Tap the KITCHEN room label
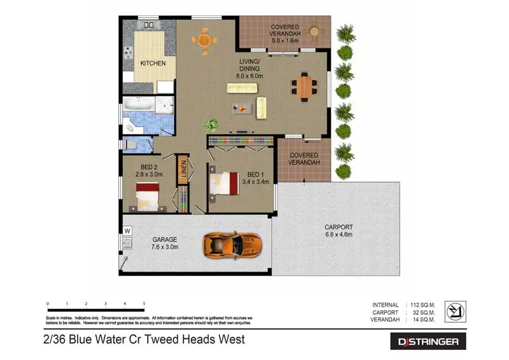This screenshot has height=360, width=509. pos(153,64)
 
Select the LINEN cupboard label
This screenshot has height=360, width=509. pos(182,170)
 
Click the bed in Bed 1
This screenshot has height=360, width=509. pos(224,184)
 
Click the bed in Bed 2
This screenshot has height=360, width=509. pos(148,195)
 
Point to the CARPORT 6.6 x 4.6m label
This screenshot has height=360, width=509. pos(338,230)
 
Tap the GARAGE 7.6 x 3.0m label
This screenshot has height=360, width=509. pos(165,243)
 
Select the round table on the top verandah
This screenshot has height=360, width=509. pos(314,30)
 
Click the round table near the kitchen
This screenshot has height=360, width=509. pos(204,40)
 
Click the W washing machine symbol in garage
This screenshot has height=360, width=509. pos(127,230)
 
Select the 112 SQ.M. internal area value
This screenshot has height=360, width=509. pos(422,305)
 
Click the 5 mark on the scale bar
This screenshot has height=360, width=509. pos(144,304)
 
